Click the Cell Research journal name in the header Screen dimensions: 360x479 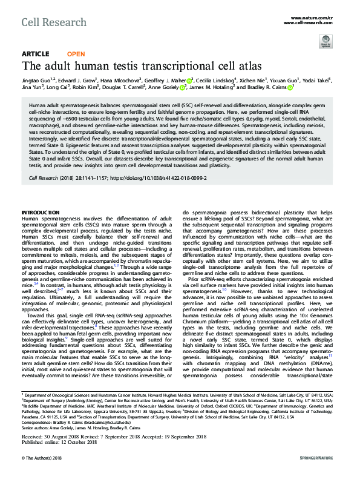pyautogui.click(x=45, y=22)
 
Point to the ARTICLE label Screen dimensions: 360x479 pyautogui.click(x=35, y=54)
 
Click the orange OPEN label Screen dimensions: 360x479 pyautogui.click(x=76, y=54)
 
